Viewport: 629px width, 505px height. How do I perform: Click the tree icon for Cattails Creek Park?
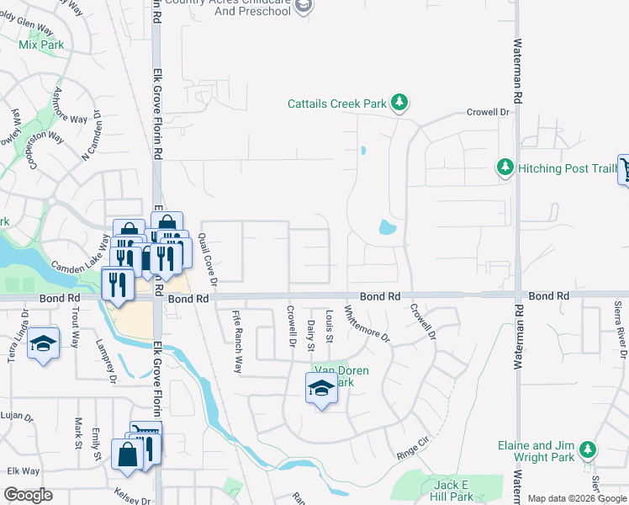click(400, 104)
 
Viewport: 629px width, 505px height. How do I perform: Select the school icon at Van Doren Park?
click(320, 388)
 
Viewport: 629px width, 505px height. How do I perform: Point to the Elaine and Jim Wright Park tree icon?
click(588, 451)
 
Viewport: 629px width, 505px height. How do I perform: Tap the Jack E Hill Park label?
click(451, 491)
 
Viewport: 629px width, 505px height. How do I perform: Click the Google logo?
click(28, 495)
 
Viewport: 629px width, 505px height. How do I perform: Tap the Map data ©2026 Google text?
click(577, 498)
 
